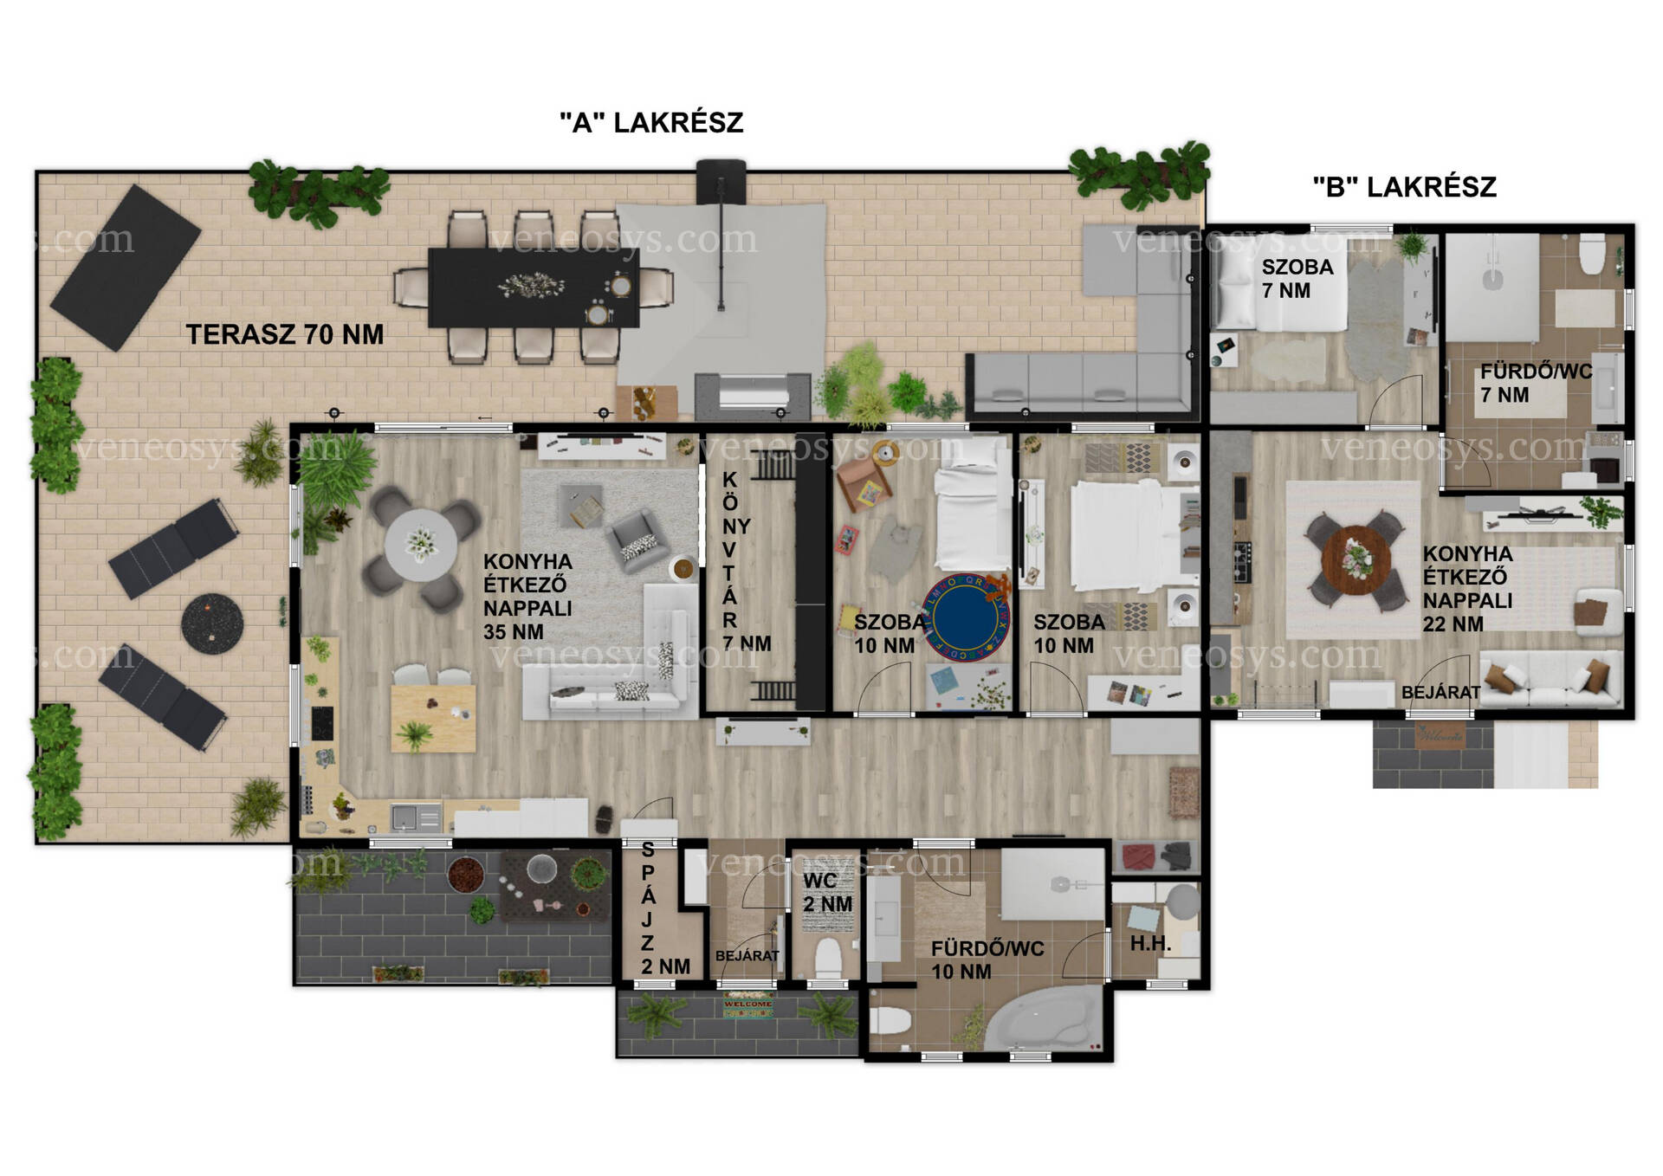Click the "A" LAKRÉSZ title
[651, 123]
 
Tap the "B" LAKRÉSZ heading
[1404, 187]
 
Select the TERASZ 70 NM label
[285, 334]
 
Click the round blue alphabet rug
[967, 617]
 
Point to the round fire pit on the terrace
[212, 623]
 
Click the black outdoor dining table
[534, 288]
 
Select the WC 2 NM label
[827, 893]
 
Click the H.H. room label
[1150, 944]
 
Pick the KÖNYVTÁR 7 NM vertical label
[737, 561]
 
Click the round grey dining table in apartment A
[421, 545]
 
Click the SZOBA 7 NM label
[1297, 279]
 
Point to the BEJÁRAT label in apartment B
[1440, 692]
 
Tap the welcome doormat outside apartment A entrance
[747, 1005]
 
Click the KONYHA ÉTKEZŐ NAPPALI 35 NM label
[527, 597]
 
